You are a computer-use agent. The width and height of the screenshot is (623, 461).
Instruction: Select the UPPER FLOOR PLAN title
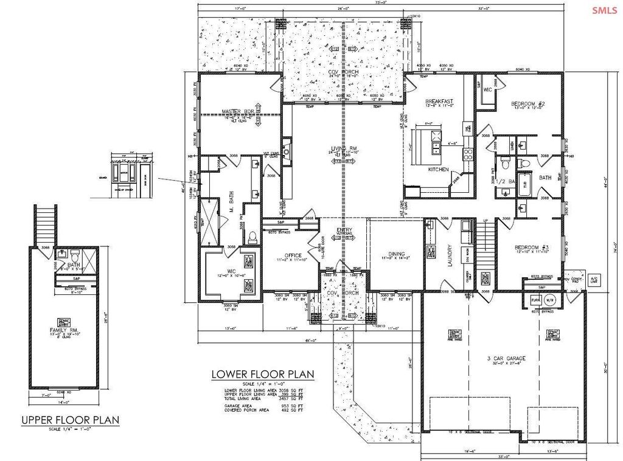tap(70, 420)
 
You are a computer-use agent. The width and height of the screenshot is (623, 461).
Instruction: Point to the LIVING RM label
tap(343, 148)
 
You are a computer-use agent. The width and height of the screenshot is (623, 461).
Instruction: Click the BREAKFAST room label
tap(439, 102)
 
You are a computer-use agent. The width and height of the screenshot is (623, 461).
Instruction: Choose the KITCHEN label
tap(439, 168)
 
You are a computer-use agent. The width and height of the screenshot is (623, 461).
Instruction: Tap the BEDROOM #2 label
tap(528, 104)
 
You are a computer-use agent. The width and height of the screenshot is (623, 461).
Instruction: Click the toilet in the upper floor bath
tap(75, 254)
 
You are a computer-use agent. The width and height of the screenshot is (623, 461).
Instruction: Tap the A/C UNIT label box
tap(594, 280)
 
